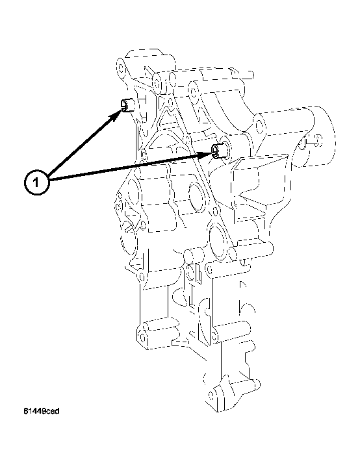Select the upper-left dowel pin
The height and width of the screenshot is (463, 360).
tap(127, 105)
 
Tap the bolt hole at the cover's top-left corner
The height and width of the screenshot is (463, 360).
tap(120, 65)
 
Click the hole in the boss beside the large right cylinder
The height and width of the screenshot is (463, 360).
tap(258, 121)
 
